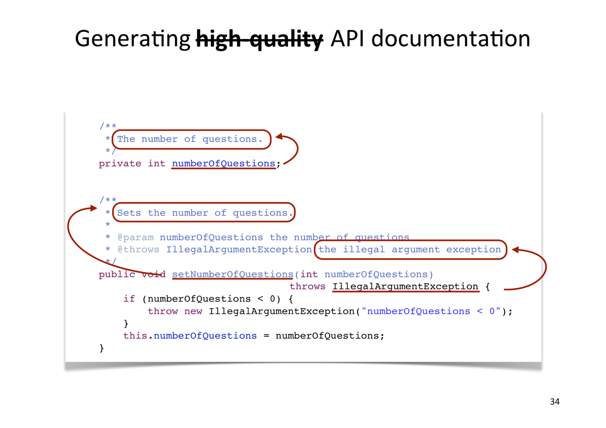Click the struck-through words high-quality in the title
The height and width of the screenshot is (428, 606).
259,39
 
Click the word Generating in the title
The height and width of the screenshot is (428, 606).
133,39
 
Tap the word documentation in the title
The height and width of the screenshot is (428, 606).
450,39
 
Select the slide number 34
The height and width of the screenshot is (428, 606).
554,401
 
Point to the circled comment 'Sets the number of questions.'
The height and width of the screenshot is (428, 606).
204,213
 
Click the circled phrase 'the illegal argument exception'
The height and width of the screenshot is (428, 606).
410,250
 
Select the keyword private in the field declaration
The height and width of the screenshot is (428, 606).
120,164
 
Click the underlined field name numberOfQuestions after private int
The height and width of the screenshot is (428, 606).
223,164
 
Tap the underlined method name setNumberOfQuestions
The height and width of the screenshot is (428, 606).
233,274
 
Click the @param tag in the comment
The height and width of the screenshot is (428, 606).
136,237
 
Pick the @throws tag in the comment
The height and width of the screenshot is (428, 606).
138,250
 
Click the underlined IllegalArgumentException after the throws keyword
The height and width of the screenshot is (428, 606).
405,287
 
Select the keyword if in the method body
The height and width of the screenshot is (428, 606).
129,299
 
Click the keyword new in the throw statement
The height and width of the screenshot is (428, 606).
193,311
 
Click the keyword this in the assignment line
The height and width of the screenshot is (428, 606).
135,336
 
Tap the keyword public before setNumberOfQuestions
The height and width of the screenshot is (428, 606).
117,274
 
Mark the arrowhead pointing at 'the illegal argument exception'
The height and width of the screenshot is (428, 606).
515,250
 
